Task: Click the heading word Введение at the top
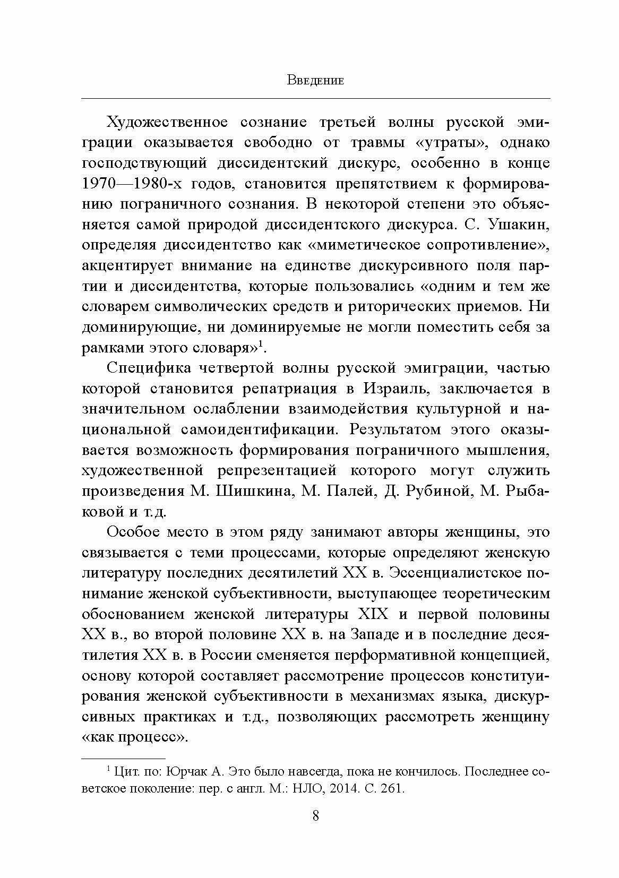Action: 315,81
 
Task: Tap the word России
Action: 227,655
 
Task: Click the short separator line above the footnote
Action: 124,759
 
